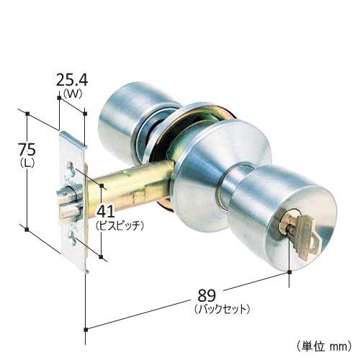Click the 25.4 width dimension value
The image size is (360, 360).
(x=72, y=80)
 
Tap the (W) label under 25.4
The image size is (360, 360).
(x=72, y=94)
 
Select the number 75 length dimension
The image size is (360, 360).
(x=27, y=149)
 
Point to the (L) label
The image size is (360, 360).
(x=27, y=163)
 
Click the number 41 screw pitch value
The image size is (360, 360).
(x=106, y=212)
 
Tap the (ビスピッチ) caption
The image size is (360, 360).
(x=120, y=226)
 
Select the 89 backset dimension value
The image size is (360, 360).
(x=207, y=296)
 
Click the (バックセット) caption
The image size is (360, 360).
(x=222, y=309)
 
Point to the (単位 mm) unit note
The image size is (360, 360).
(x=324, y=346)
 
